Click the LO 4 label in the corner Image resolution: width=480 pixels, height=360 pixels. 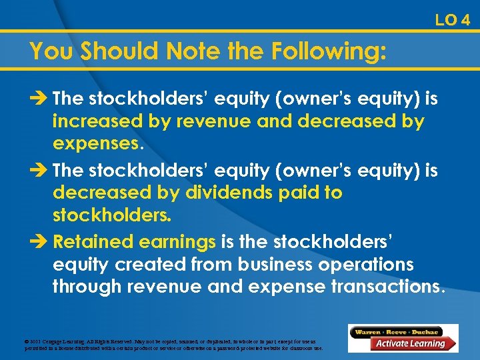(x=452, y=20)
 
